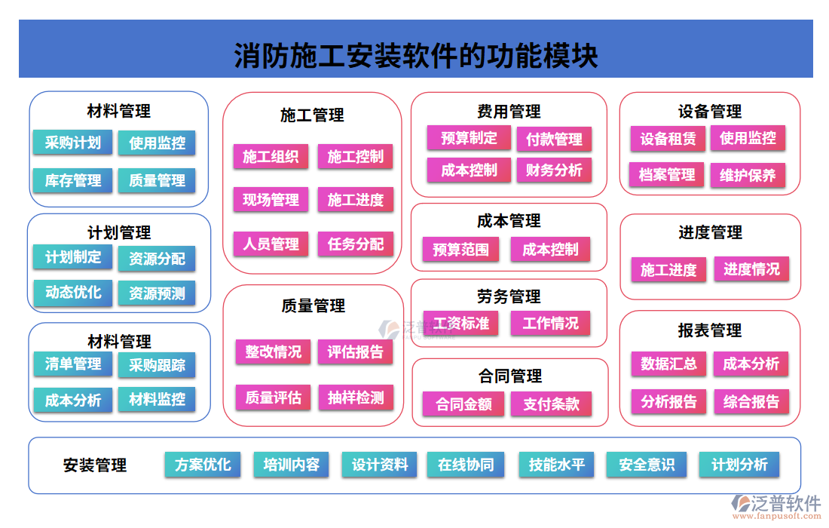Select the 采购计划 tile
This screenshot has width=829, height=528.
coord(72,143)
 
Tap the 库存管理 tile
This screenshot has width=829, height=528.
coord(72,180)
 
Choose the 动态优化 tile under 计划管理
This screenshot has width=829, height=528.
coord(72,292)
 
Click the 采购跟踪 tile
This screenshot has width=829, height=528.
coord(157,365)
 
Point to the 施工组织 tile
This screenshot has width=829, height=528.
coord(271,157)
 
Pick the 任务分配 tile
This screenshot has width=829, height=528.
coord(356,244)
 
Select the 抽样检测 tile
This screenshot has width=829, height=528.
coord(356,398)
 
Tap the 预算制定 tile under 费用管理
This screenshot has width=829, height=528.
coord(469,138)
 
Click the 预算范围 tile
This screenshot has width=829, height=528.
coord(460,250)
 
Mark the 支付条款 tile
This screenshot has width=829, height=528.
coord(552,404)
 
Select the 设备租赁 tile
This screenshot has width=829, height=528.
coord(668,139)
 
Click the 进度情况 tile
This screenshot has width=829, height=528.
coord(751,269)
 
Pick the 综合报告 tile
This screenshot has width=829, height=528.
coord(751,401)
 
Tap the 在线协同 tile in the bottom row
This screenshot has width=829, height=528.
coord(466,465)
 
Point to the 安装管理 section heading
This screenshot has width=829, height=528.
coord(95,465)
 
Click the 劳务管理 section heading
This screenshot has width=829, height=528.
coord(509,296)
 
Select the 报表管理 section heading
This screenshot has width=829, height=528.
coord(710,330)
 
